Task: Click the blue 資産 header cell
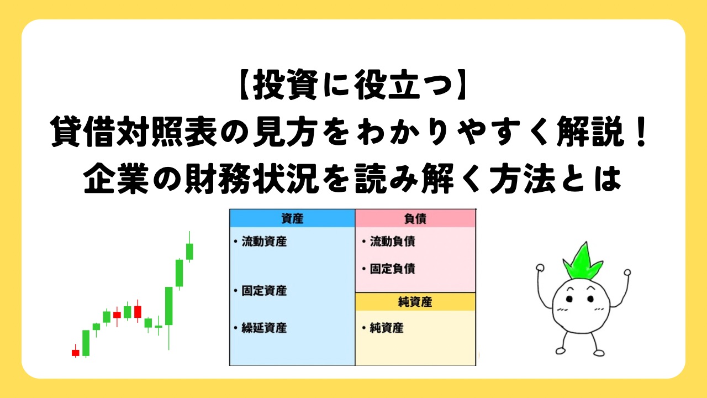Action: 292,218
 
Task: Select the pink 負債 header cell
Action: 415,218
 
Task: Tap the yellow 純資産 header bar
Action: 415,302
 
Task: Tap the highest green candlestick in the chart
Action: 189,250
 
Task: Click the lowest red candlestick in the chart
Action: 75,352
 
